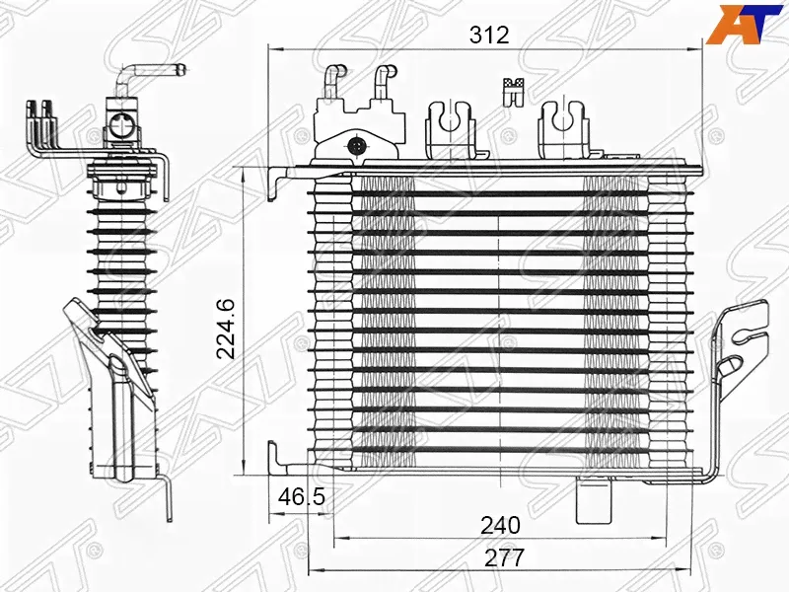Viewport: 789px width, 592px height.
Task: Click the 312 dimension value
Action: click(489, 36)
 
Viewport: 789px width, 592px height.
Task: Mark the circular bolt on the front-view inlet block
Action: click(356, 147)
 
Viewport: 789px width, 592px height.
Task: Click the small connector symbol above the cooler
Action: click(512, 90)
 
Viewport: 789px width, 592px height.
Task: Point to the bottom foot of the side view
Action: click(168, 498)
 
